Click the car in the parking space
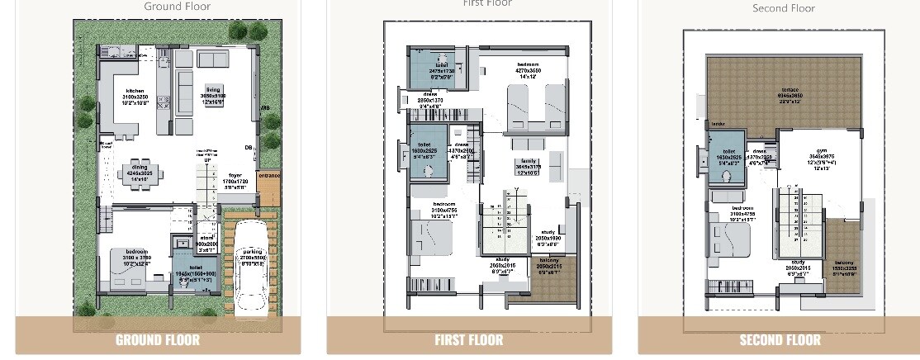tap(250, 269)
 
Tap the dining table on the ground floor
tap(134, 173)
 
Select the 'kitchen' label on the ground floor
tap(135, 91)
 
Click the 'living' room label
tap(214, 89)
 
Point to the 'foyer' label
tap(235, 174)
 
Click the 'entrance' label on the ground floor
tap(269, 175)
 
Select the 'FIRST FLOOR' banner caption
tap(468, 339)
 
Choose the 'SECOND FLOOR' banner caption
tap(780, 339)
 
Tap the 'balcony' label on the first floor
tap(548, 261)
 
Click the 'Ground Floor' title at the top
tap(177, 7)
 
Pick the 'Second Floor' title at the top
tap(783, 8)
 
